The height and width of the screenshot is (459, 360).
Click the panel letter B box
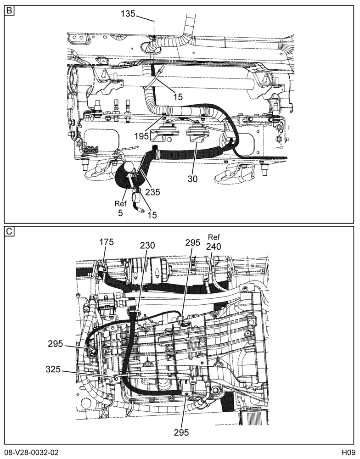(x=10, y=11)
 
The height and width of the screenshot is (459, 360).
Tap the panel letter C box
(x=10, y=231)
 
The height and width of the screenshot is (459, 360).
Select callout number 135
(x=128, y=13)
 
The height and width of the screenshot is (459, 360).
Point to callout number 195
(x=142, y=136)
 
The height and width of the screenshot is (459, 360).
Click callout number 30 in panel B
(x=193, y=179)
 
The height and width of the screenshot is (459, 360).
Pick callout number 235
(x=153, y=192)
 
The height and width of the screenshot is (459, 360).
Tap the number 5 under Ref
(x=120, y=213)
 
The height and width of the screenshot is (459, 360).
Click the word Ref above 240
(x=214, y=237)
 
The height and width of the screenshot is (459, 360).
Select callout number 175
(x=107, y=242)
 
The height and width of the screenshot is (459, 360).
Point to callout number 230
(x=147, y=245)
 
